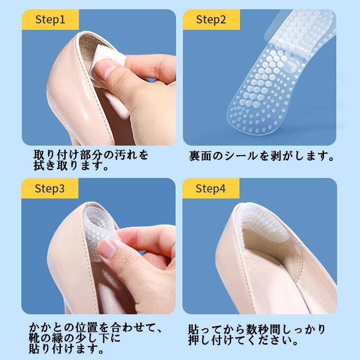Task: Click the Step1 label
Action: click(50, 20)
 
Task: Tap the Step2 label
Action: click(211, 20)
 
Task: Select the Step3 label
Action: click(50, 188)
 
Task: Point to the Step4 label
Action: click(211, 188)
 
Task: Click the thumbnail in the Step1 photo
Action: click(106, 69)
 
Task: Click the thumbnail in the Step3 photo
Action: click(107, 248)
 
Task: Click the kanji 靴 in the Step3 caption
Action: click(34, 338)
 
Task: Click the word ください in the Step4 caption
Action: click(264, 340)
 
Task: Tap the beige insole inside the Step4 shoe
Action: click(271, 255)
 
